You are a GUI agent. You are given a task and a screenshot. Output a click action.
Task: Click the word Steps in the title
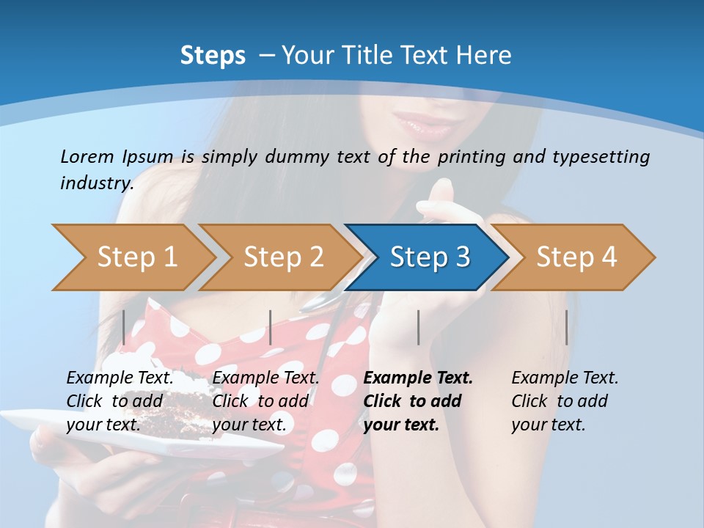213,56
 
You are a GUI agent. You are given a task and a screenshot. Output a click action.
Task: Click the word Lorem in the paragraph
87,156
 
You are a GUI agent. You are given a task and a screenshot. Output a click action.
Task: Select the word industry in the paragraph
97,183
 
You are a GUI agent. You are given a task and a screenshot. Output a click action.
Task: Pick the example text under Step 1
120,401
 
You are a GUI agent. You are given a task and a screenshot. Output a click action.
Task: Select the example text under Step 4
565,401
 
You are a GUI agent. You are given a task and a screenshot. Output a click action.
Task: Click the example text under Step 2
265,401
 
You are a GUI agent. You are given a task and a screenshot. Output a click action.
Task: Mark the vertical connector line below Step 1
124,327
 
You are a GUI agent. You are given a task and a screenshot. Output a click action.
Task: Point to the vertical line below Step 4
567,327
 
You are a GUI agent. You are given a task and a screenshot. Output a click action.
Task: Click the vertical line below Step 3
419,327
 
